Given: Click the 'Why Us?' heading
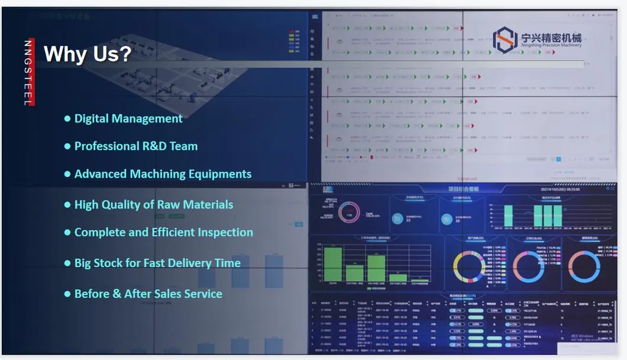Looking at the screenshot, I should coord(88,54).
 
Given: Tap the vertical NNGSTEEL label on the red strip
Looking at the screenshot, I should coord(28,73).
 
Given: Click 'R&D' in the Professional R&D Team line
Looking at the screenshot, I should coord(151,146).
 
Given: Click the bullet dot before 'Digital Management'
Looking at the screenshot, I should coord(67,119).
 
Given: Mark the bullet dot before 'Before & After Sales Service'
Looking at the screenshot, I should coord(67,294).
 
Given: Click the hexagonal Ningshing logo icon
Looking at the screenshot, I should coord(505,40).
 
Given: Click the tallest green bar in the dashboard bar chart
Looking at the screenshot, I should coord(333,264).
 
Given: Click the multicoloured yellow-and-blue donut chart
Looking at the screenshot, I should coord(468,267).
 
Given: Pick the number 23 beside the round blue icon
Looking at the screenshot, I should coord(408,220).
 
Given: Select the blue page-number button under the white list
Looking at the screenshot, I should coord(558,159).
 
